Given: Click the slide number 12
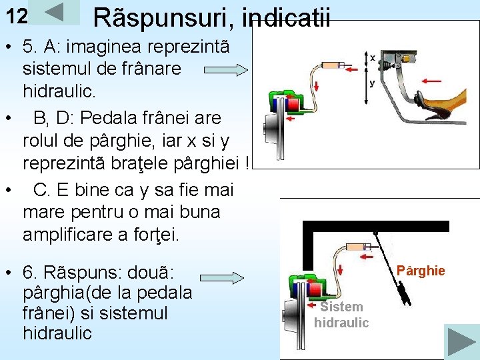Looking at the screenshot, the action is coord(17,16).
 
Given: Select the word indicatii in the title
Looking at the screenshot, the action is coord(286,18).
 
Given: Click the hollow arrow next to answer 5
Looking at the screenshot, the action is coord(226,69).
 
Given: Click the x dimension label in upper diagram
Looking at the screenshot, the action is coord(372,58).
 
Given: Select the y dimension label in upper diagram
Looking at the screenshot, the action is coord(372,83).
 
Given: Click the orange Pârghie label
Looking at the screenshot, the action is coord(421,271).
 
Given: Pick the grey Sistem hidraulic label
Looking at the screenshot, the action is coord(341,315).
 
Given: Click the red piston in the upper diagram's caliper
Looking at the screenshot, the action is coord(292,105).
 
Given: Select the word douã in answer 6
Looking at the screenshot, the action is coord(149,273).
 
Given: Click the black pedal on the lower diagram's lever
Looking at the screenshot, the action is coord(403,291).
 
